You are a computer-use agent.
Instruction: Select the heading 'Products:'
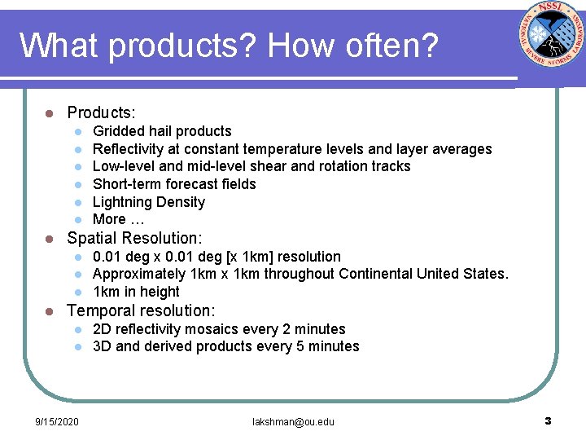click(101, 112)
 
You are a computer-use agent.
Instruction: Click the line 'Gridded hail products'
click(162, 131)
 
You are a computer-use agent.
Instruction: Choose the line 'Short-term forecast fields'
click(174, 184)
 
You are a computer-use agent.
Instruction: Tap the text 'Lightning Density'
click(149, 202)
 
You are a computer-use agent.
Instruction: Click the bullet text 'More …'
click(119, 219)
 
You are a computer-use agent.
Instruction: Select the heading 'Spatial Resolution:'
click(134, 239)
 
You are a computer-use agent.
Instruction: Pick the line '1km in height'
click(136, 292)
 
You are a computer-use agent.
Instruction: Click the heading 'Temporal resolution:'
click(141, 310)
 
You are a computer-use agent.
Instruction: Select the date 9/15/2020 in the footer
click(57, 421)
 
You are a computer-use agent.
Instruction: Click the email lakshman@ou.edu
click(293, 421)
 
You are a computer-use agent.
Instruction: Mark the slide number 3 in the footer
click(548, 420)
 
